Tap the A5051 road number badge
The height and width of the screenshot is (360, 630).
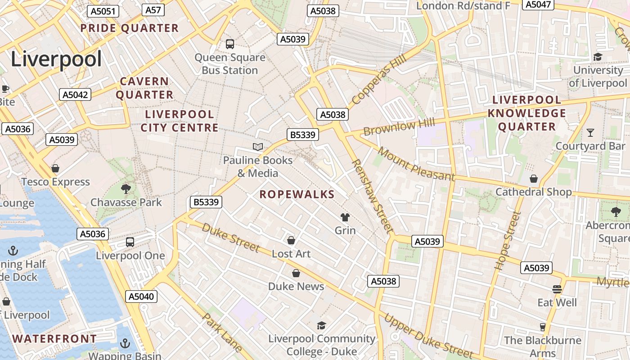(x=103, y=11)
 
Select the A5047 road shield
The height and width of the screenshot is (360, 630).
(x=538, y=4)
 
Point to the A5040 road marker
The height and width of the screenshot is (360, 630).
(x=141, y=296)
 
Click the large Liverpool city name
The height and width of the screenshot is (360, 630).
(x=56, y=59)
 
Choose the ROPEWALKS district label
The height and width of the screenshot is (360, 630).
(x=297, y=194)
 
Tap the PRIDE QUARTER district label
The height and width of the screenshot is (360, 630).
(x=130, y=28)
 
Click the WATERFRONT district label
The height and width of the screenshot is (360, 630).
(x=54, y=339)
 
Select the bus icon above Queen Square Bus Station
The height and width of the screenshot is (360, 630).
(x=230, y=44)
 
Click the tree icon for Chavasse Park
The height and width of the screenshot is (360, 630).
(x=126, y=189)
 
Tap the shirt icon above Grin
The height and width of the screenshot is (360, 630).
(x=345, y=217)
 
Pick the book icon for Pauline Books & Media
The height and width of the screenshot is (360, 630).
(x=258, y=147)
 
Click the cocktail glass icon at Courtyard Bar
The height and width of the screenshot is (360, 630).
(x=590, y=133)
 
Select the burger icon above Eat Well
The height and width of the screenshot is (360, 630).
(x=557, y=289)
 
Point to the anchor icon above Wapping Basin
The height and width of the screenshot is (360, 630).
(x=125, y=344)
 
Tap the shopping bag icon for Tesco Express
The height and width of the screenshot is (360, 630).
(x=55, y=168)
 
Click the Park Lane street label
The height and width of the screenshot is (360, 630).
(x=222, y=333)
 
